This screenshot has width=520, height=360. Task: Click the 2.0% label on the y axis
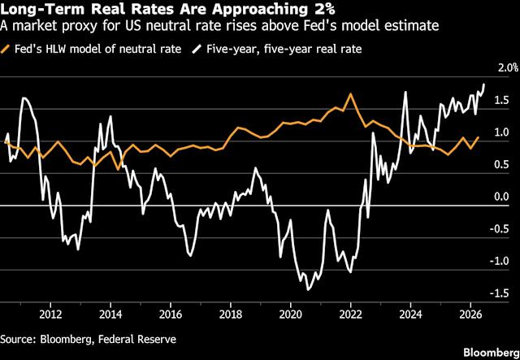coord(509,69)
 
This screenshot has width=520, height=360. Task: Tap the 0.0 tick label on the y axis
coord(500,197)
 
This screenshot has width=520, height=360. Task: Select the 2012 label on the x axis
coord(50,314)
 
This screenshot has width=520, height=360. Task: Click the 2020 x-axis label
coord(291,314)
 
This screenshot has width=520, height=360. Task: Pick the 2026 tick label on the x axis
coord(470,314)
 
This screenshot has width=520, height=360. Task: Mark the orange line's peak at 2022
coord(350,94)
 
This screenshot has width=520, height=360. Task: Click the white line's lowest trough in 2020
coord(308,290)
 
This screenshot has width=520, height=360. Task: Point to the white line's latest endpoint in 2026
coord(484,85)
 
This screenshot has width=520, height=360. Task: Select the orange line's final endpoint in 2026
coord(479,137)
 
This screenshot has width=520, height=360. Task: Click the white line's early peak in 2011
coord(24,98)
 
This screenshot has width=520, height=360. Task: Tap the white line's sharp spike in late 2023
coord(405,92)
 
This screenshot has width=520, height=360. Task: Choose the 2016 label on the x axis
coord(171,314)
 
